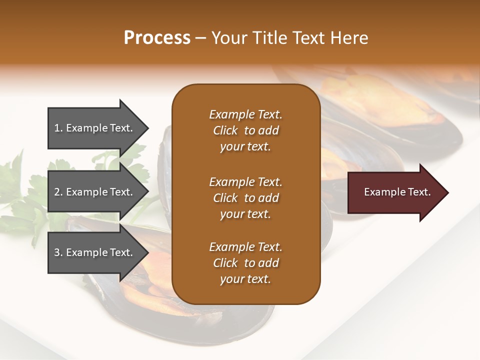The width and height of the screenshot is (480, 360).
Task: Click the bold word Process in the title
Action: click(157, 38)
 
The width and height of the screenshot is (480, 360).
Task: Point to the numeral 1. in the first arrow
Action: click(58, 128)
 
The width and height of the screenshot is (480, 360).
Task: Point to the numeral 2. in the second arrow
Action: click(58, 192)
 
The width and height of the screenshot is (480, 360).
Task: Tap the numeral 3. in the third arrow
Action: click(58, 252)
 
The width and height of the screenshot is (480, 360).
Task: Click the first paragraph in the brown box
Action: click(245, 130)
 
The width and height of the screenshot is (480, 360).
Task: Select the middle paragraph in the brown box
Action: click(245, 197)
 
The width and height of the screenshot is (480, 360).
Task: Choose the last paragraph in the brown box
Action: click(245, 263)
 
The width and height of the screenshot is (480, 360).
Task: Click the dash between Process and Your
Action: click(200, 38)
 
